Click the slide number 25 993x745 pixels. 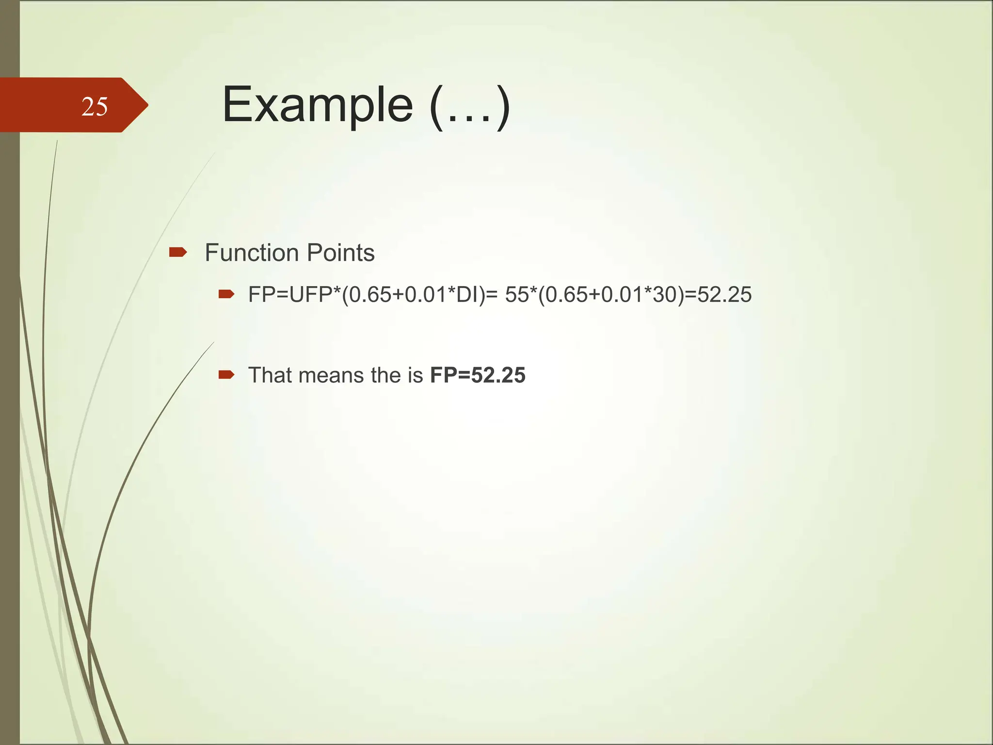click(95, 107)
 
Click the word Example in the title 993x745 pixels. click(318, 105)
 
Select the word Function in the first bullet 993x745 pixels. click(252, 253)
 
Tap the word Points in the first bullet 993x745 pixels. click(341, 253)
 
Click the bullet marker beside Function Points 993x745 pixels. click(178, 252)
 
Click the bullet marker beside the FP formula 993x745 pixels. click(226, 294)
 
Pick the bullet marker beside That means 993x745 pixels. click(226, 374)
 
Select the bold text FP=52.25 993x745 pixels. click(478, 375)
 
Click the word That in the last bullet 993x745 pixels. click(270, 375)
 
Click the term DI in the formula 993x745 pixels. click(467, 295)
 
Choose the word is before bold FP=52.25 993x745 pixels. click(416, 375)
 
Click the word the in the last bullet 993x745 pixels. click(386, 375)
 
